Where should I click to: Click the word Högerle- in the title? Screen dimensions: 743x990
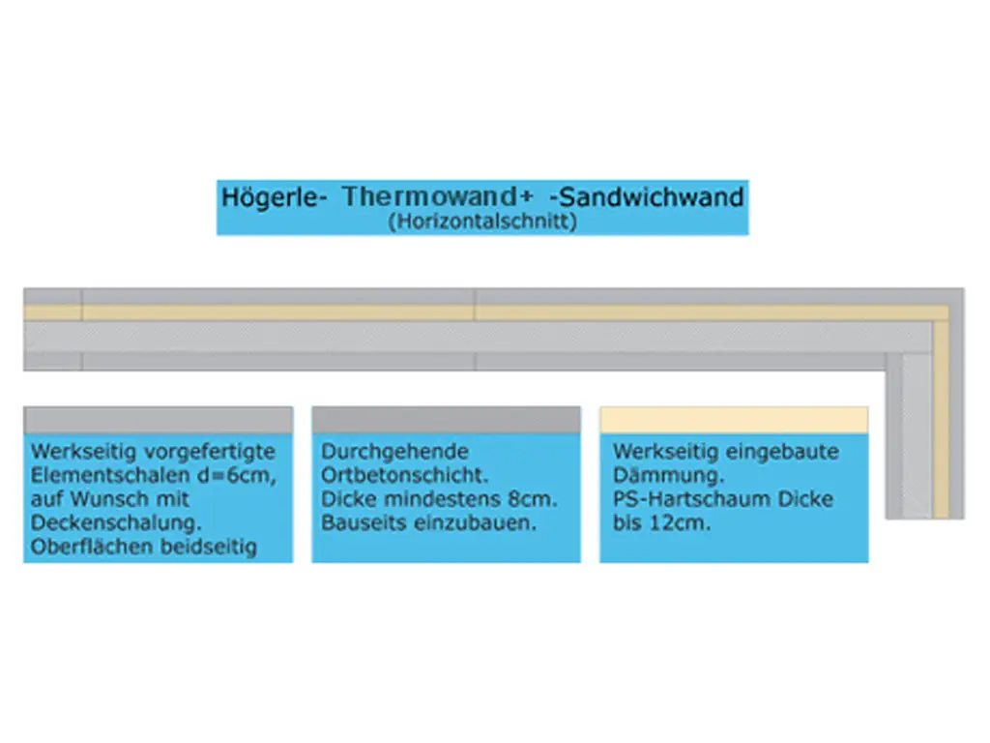point(275,197)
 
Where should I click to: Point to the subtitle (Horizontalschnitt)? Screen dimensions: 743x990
point(481,222)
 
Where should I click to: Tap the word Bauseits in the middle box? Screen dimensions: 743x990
point(359,523)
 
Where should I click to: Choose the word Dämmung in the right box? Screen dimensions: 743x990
point(665,476)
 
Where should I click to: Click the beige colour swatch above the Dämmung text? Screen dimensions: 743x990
point(734,419)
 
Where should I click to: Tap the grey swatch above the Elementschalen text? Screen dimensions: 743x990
point(158,419)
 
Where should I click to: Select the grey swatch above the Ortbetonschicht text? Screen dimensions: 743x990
point(446,419)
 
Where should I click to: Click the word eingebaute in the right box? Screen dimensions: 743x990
point(785,452)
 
